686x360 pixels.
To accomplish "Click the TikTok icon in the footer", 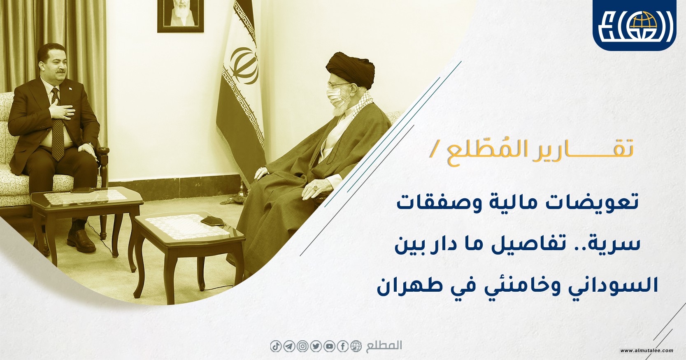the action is [x=276, y=346].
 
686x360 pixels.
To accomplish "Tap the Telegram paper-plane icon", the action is [x=289, y=346].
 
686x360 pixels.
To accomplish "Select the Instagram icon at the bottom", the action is [x=302, y=346].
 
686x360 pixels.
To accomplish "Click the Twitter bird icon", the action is [x=316, y=346].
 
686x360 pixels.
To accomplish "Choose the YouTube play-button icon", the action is [x=330, y=346].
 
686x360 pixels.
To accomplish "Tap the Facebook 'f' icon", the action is [x=343, y=346].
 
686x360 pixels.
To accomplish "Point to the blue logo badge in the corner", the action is [x=634, y=25].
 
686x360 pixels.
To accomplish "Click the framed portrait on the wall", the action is [x=180, y=16].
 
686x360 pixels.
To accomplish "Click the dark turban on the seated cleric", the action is [x=350, y=69].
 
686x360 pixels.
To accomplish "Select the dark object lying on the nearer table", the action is [x=212, y=221].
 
